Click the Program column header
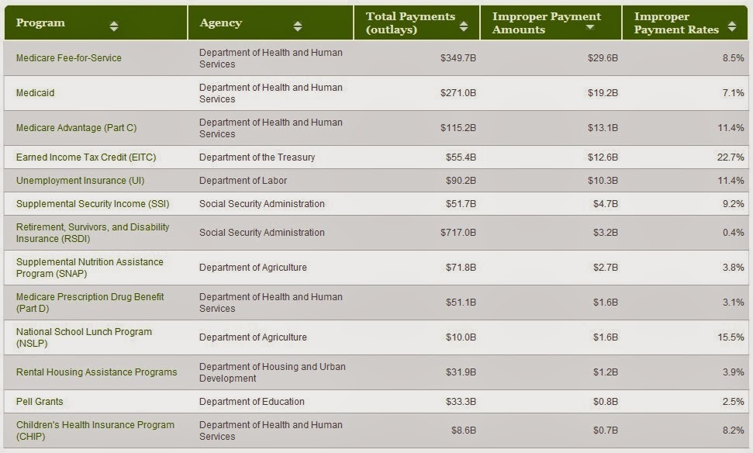coord(40,23)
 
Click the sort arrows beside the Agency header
coord(298,26)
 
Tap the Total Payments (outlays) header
coord(410,23)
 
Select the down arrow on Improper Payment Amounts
coord(590,27)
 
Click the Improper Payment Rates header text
coord(676,23)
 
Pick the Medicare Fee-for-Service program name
coord(69,58)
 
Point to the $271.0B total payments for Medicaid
coord(458,93)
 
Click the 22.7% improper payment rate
coord(731,157)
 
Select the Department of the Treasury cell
coord(257,157)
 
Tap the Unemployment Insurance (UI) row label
coord(80,181)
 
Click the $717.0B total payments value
coord(458,233)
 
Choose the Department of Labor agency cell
coord(243,181)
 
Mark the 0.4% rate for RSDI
coord(734,233)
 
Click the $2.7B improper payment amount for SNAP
coord(605,268)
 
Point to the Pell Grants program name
coord(40,402)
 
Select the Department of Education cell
coord(251,402)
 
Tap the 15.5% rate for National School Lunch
coord(731,337)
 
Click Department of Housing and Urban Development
coord(272,372)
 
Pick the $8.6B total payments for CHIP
coord(464,431)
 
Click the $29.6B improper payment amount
coord(603,58)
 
